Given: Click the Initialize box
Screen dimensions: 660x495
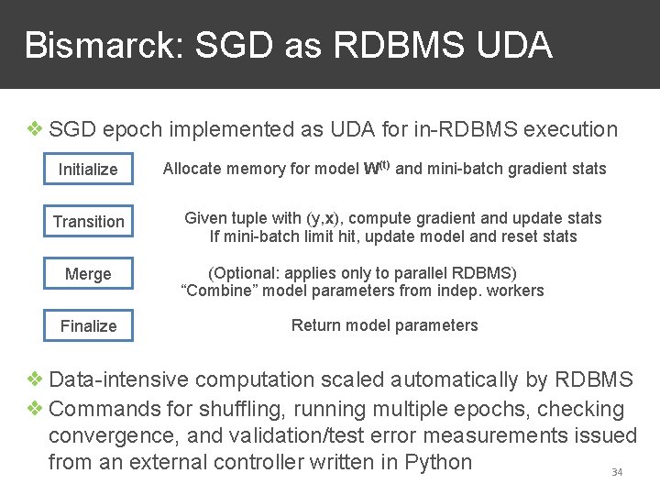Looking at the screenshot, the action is coord(88,170).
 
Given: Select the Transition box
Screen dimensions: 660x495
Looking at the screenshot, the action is coord(88,222).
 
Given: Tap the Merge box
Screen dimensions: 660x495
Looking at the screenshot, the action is coord(88,274).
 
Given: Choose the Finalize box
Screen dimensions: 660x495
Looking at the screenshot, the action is coord(88,326).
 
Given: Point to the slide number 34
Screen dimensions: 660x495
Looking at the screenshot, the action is coord(617,472).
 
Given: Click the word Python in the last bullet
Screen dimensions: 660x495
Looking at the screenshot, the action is coord(436,462).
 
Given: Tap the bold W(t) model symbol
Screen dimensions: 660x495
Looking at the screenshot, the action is coord(377,168).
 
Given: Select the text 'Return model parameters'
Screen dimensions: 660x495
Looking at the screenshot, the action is coord(384,325).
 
